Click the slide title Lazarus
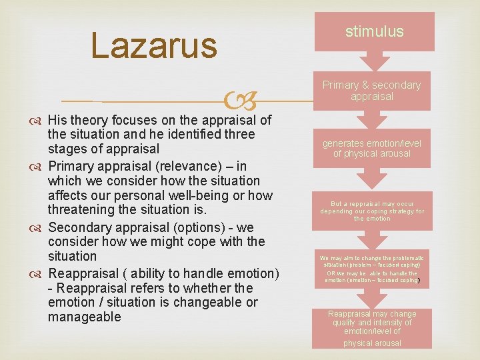click(154, 46)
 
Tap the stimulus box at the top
click(374, 31)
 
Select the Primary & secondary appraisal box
click(372, 91)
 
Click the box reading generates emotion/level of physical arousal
click(372, 148)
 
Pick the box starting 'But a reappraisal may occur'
click(372, 211)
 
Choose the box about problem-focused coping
click(372, 269)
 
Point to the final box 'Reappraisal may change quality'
click(372, 328)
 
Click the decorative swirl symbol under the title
click(239, 102)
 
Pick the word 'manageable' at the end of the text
click(84, 317)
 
